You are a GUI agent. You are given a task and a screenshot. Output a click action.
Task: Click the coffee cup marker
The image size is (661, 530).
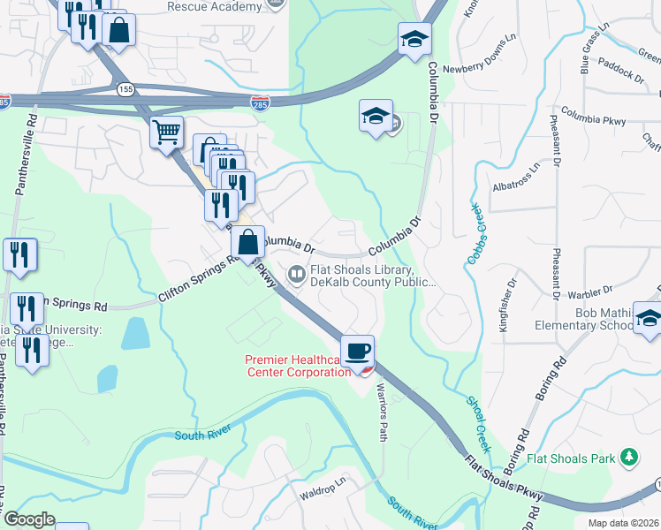357,352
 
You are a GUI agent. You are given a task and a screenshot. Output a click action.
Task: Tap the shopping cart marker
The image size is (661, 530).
166,133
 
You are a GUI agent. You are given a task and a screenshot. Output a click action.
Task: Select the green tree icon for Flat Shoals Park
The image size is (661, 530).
628,457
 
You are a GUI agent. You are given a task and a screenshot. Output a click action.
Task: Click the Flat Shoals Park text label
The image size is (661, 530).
571,458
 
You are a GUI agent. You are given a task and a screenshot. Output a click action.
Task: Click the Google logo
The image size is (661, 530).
28,519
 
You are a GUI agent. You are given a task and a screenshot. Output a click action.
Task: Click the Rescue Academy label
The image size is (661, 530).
215,7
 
